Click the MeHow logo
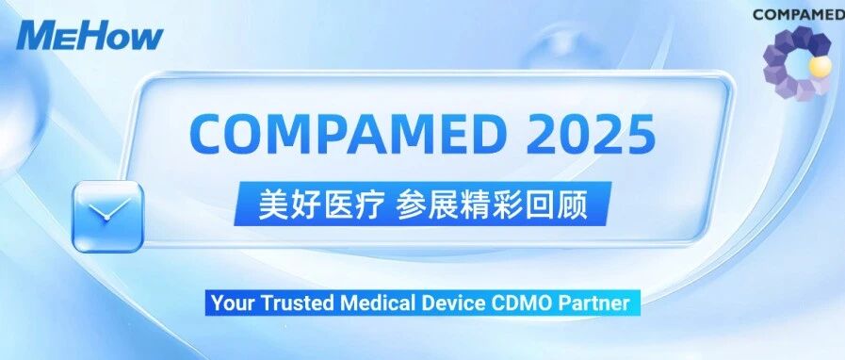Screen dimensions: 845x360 point(89,36)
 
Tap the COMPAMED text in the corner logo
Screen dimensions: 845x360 point(799,14)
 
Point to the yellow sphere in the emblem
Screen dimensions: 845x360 point(821,67)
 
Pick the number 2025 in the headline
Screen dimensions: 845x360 point(592,132)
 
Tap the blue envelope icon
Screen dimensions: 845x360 point(108,217)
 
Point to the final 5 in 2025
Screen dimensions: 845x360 point(642,133)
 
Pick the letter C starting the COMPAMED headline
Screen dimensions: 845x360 point(205,132)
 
